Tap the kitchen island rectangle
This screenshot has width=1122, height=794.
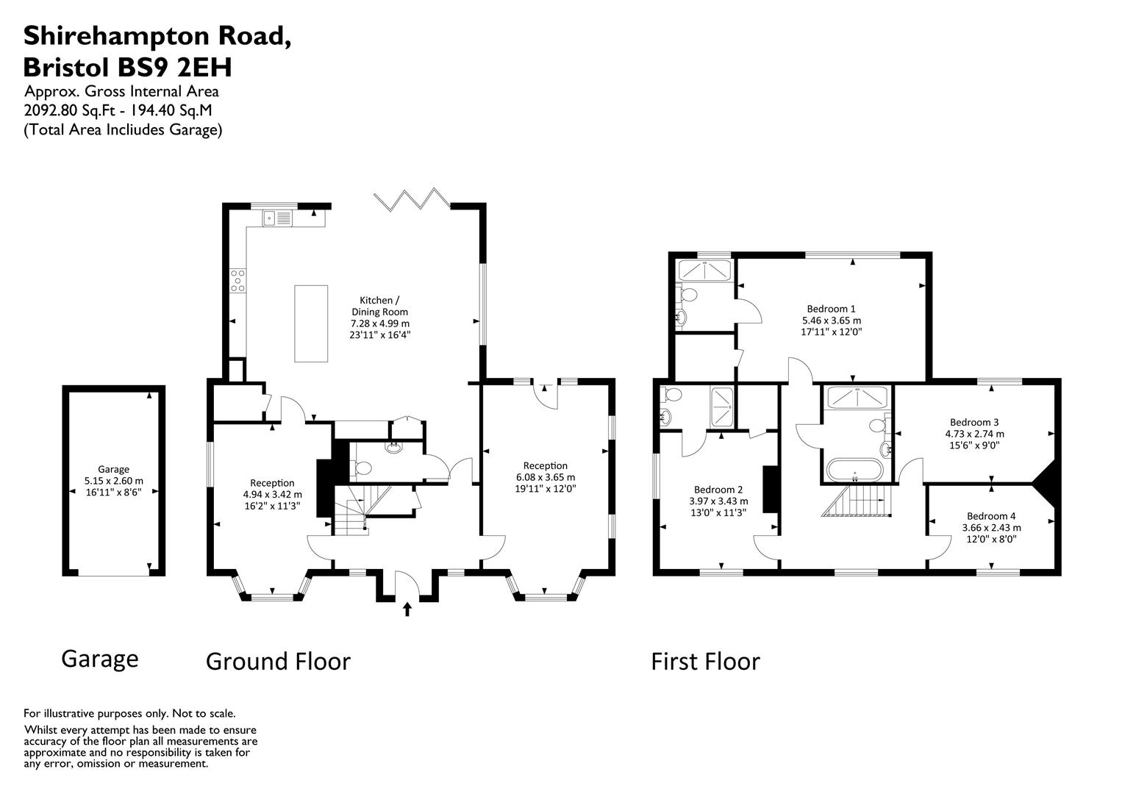(x=311, y=323)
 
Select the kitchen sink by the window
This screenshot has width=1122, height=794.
(x=277, y=218)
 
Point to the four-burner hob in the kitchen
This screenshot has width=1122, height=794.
(x=238, y=281)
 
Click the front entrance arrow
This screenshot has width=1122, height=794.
(x=407, y=609)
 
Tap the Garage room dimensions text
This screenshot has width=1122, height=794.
(x=114, y=487)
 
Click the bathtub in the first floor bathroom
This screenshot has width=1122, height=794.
(x=854, y=471)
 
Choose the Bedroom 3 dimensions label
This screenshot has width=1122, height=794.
(x=975, y=440)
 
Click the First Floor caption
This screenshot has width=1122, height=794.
(x=705, y=661)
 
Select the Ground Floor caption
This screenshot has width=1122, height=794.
(x=278, y=661)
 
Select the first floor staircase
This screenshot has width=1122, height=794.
(x=857, y=500)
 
